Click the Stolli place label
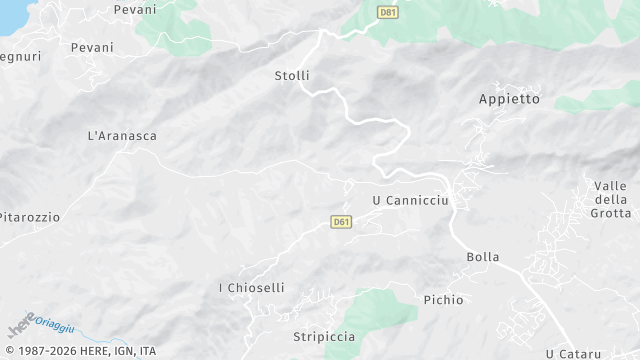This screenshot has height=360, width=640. point(292,76)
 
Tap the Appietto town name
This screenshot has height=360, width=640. point(509,99)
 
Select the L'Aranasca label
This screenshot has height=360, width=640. point(123,136)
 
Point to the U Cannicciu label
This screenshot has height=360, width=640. point(411,200)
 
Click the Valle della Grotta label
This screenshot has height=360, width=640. point(610,199)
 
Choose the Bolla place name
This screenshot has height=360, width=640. point(483,257)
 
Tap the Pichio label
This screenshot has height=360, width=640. point(443,299)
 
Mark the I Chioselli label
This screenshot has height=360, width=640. point(251,288)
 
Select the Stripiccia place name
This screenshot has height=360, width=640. point(324,337)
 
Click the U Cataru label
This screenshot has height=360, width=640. point(566,353)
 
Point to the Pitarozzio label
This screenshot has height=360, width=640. point(29,217)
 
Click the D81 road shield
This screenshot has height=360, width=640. point(388,12)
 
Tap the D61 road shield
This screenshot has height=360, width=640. point(341,221)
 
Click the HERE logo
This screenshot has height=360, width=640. point(20,327)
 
